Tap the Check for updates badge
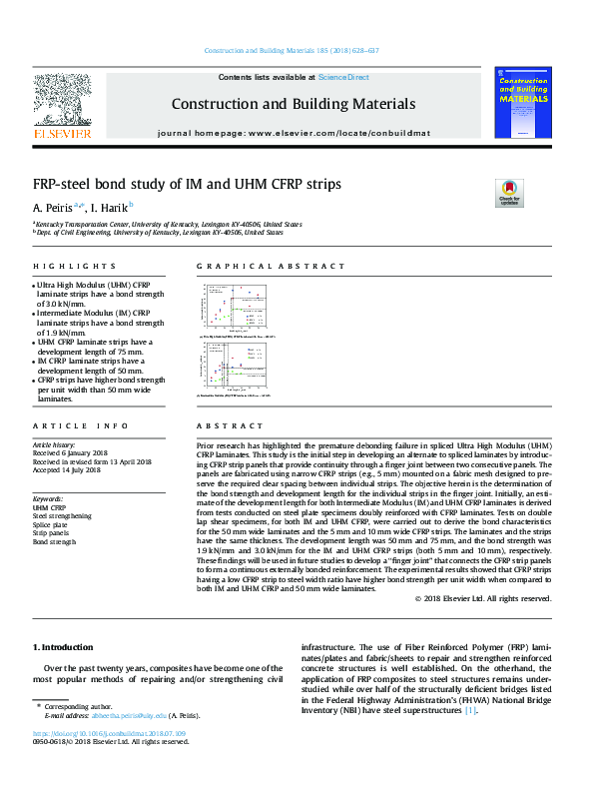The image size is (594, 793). click(509, 192)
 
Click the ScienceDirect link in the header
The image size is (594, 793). click(343, 77)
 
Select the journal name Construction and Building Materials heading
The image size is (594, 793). click(293, 104)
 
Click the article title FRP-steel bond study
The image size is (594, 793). click(187, 185)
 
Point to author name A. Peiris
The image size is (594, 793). click(51, 208)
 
